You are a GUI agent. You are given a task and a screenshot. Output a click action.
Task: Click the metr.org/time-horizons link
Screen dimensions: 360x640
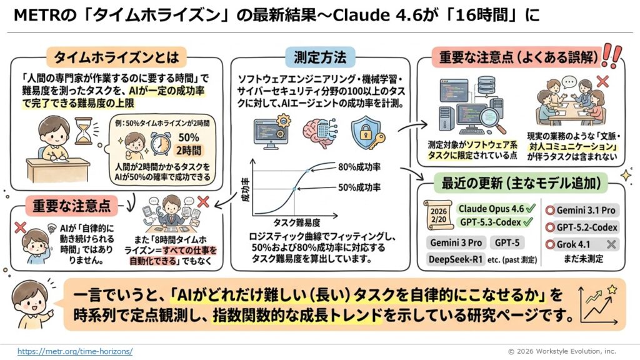click(75, 351)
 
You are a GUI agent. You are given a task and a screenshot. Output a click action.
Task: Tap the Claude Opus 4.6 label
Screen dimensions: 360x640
click(491, 208)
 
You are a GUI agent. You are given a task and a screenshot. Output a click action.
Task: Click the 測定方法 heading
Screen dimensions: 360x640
click(319, 58)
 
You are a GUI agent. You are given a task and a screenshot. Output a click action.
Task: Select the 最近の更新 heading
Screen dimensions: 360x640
click(521, 184)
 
